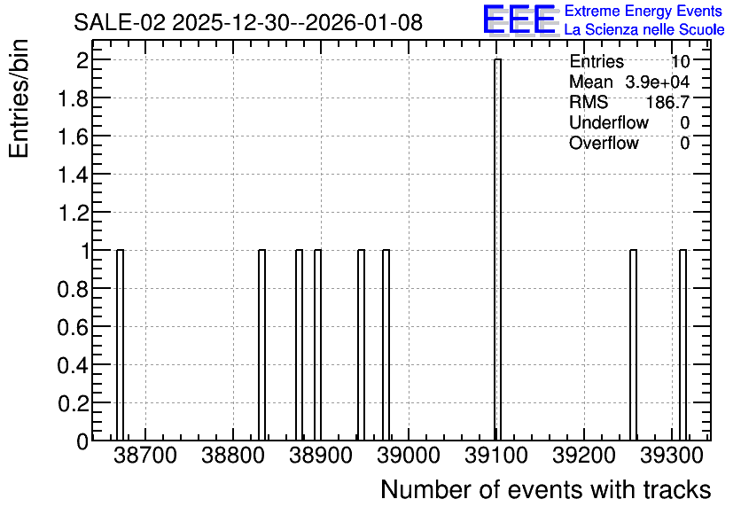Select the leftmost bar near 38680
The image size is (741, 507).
click(x=120, y=345)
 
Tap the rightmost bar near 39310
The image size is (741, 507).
click(x=682, y=345)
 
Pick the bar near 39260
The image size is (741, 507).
click(x=633, y=345)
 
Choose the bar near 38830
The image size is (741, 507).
click(x=261, y=345)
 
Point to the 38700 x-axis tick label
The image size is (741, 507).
click(x=145, y=456)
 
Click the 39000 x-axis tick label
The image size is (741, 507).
click(x=409, y=456)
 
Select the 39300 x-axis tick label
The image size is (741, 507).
click(x=672, y=456)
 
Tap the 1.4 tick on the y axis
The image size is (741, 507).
click(x=73, y=175)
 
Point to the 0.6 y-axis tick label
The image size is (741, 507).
click(x=73, y=327)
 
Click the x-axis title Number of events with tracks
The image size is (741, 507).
click(x=546, y=489)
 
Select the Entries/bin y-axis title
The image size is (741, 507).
click(x=19, y=98)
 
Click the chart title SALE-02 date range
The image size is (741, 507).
click(x=248, y=22)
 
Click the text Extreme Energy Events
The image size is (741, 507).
click(x=643, y=11)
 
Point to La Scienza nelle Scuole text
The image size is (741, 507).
click(x=644, y=30)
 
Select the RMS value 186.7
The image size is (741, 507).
click(x=667, y=102)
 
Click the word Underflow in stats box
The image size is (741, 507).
click(x=609, y=122)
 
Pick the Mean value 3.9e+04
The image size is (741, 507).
click(x=658, y=82)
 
